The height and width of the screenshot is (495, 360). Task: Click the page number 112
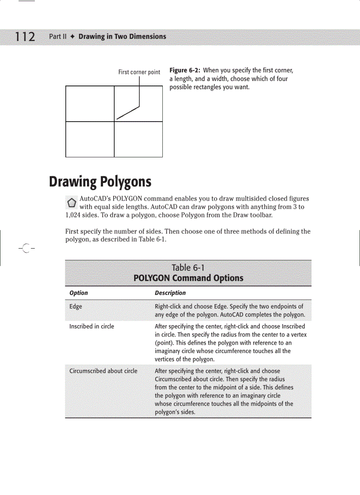tap(25, 37)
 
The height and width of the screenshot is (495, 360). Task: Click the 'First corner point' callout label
tap(139, 72)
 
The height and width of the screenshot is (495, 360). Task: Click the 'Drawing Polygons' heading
tap(100, 182)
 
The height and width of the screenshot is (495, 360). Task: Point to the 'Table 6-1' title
tap(188, 268)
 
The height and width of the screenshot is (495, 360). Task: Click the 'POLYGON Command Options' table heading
tap(188, 278)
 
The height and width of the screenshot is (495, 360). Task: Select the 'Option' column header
tap(79, 293)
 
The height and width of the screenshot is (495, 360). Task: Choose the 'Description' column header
tap(170, 293)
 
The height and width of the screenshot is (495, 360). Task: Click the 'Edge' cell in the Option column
tap(75, 307)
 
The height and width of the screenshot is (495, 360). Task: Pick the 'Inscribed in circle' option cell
tap(91, 327)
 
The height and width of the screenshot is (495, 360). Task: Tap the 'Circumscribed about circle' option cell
tap(103, 371)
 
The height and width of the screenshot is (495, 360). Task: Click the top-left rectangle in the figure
tap(90, 104)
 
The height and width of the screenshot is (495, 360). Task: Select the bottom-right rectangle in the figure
tap(138, 139)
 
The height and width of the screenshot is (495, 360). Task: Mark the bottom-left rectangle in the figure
tap(90, 139)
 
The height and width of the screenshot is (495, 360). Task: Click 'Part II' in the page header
tap(57, 37)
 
